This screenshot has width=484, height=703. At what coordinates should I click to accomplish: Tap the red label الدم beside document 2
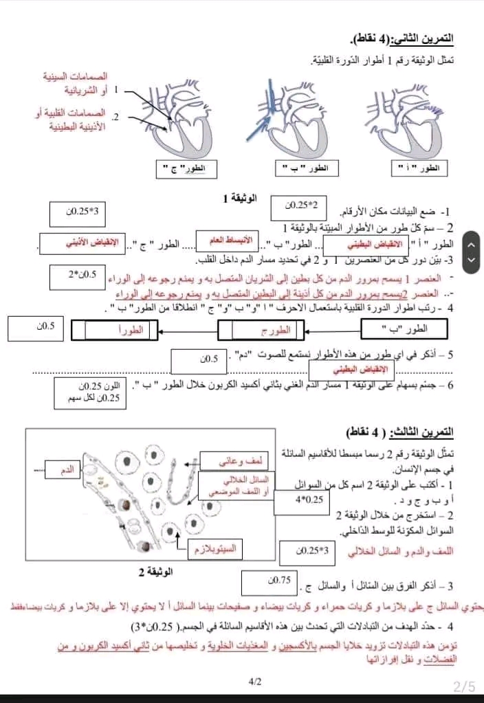coord(67,471)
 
